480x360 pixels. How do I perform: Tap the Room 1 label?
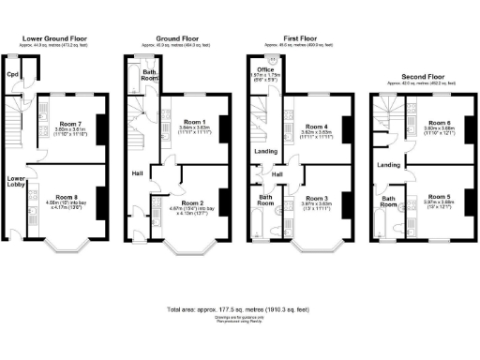coord(194,122)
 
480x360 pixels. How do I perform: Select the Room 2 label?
coord(193,202)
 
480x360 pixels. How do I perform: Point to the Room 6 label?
coord(437,123)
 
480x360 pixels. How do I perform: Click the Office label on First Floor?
coord(265,68)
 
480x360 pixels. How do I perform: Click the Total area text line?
coord(240,307)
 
